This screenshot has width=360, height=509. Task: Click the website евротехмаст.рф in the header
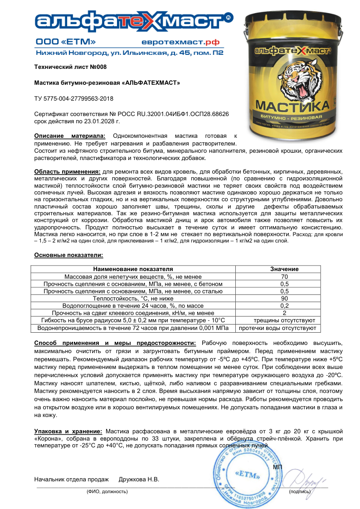point(187,42)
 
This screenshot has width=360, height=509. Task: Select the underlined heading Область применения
point(68,172)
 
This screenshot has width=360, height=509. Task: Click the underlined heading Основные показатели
point(68,255)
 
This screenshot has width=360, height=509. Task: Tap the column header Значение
point(284,269)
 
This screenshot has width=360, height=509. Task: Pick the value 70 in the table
point(284,276)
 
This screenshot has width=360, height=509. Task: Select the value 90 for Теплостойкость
point(284,298)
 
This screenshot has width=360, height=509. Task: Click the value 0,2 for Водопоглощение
point(284,305)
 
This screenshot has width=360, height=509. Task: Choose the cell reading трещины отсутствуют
point(284,320)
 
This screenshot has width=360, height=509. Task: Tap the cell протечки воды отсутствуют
point(284,327)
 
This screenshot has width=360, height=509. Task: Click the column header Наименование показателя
point(133,269)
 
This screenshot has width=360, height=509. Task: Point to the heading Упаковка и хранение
point(68,430)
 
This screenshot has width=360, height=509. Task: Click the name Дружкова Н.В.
point(139,479)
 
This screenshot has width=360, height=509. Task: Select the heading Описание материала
point(70,136)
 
